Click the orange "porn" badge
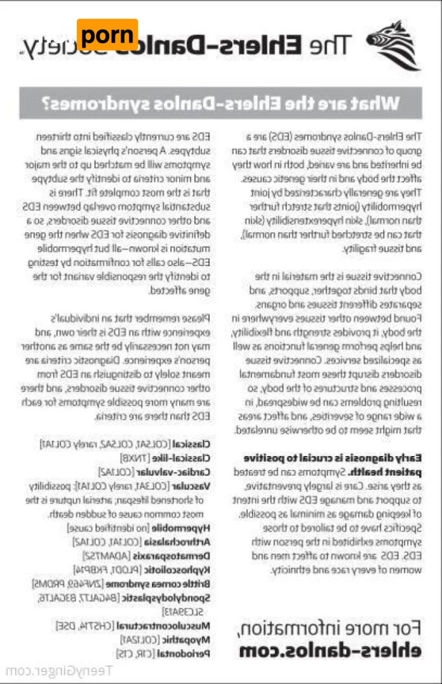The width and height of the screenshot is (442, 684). [107, 35]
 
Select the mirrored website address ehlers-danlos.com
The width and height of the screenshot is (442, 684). [330, 650]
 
